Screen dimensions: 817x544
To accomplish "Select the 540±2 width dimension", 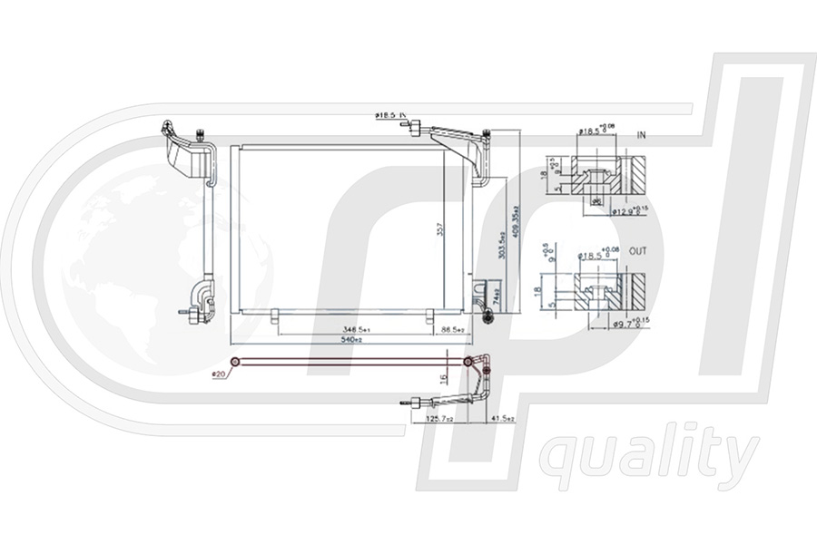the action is coord(352,340).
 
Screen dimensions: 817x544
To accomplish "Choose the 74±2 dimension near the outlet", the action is coord(497,296).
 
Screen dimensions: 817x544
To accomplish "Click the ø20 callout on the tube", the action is coord(218,373).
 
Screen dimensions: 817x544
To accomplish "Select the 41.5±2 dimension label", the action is coord(502,419).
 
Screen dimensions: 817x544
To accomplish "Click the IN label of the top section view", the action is coord(641,135).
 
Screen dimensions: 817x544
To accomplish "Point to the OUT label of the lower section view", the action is coord(638,251).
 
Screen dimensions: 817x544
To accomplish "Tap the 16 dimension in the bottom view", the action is coord(443,378).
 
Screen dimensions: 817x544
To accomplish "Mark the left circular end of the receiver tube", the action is coord(235,363).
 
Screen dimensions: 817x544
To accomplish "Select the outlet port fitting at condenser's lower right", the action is coord(488,316).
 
